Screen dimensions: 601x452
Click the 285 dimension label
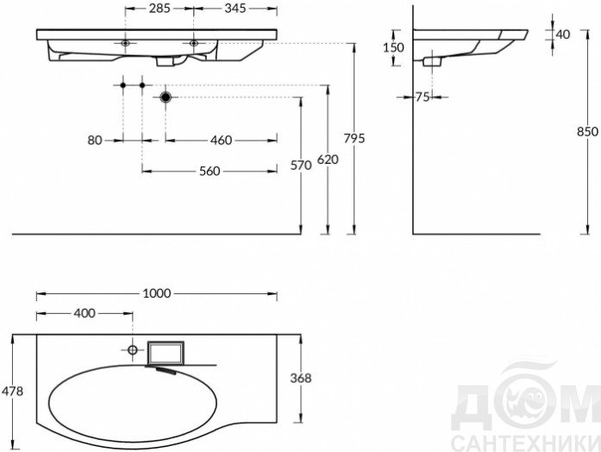[x=160, y=8]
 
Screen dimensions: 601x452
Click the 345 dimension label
[x=235, y=8]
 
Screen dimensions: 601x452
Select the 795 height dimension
[x=354, y=138]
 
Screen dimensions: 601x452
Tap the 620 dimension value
[x=328, y=159]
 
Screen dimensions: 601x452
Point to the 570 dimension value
[x=301, y=166]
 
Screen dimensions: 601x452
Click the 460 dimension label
[x=221, y=141]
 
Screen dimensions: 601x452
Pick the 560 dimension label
[x=210, y=171]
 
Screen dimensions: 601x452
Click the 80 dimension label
[x=95, y=141]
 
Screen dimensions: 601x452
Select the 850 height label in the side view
[x=587, y=131]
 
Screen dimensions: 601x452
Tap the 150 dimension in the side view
[x=393, y=47]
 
